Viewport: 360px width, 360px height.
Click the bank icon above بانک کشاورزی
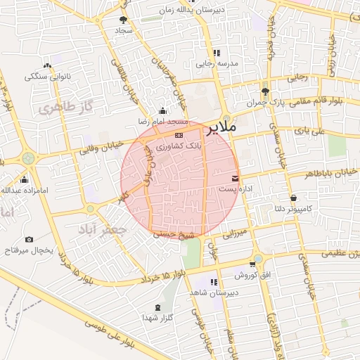tap(179, 134)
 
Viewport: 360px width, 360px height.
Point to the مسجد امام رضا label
tap(165, 122)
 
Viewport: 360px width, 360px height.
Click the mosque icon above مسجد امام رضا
tap(164, 110)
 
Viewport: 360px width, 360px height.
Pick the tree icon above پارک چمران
tap(265, 91)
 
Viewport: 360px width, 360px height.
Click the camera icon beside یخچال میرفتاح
tap(29, 240)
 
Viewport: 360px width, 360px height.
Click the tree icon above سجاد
tap(124, 20)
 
